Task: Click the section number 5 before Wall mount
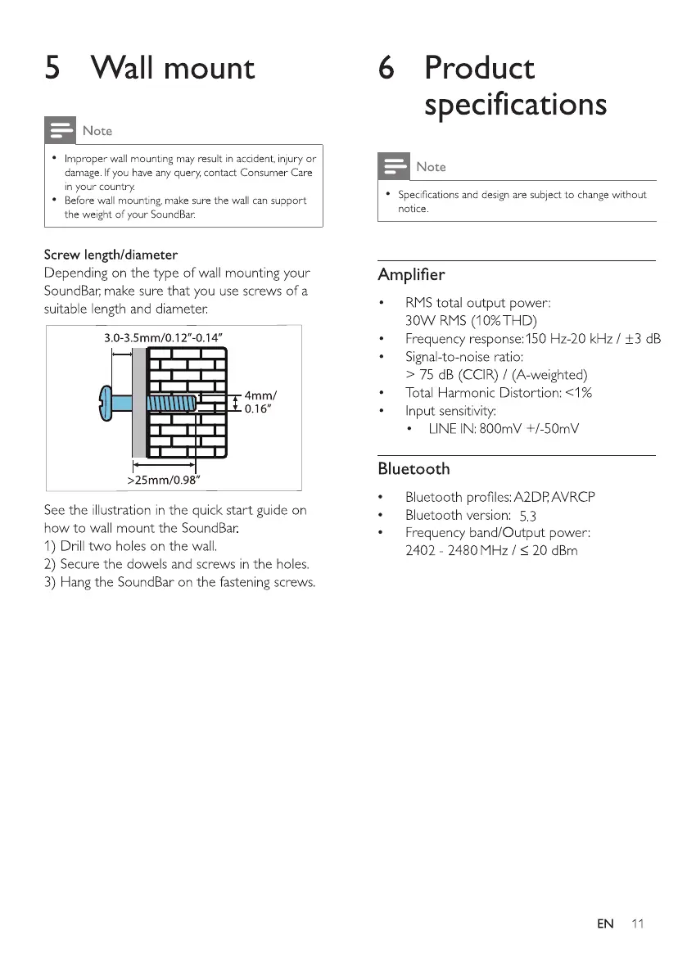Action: point(53,67)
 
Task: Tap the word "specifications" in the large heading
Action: point(516,105)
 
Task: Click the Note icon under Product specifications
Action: point(394,167)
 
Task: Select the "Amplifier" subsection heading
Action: point(411,273)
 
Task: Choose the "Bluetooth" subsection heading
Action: point(414,469)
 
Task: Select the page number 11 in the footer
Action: point(638,924)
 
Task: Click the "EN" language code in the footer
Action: point(605,924)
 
